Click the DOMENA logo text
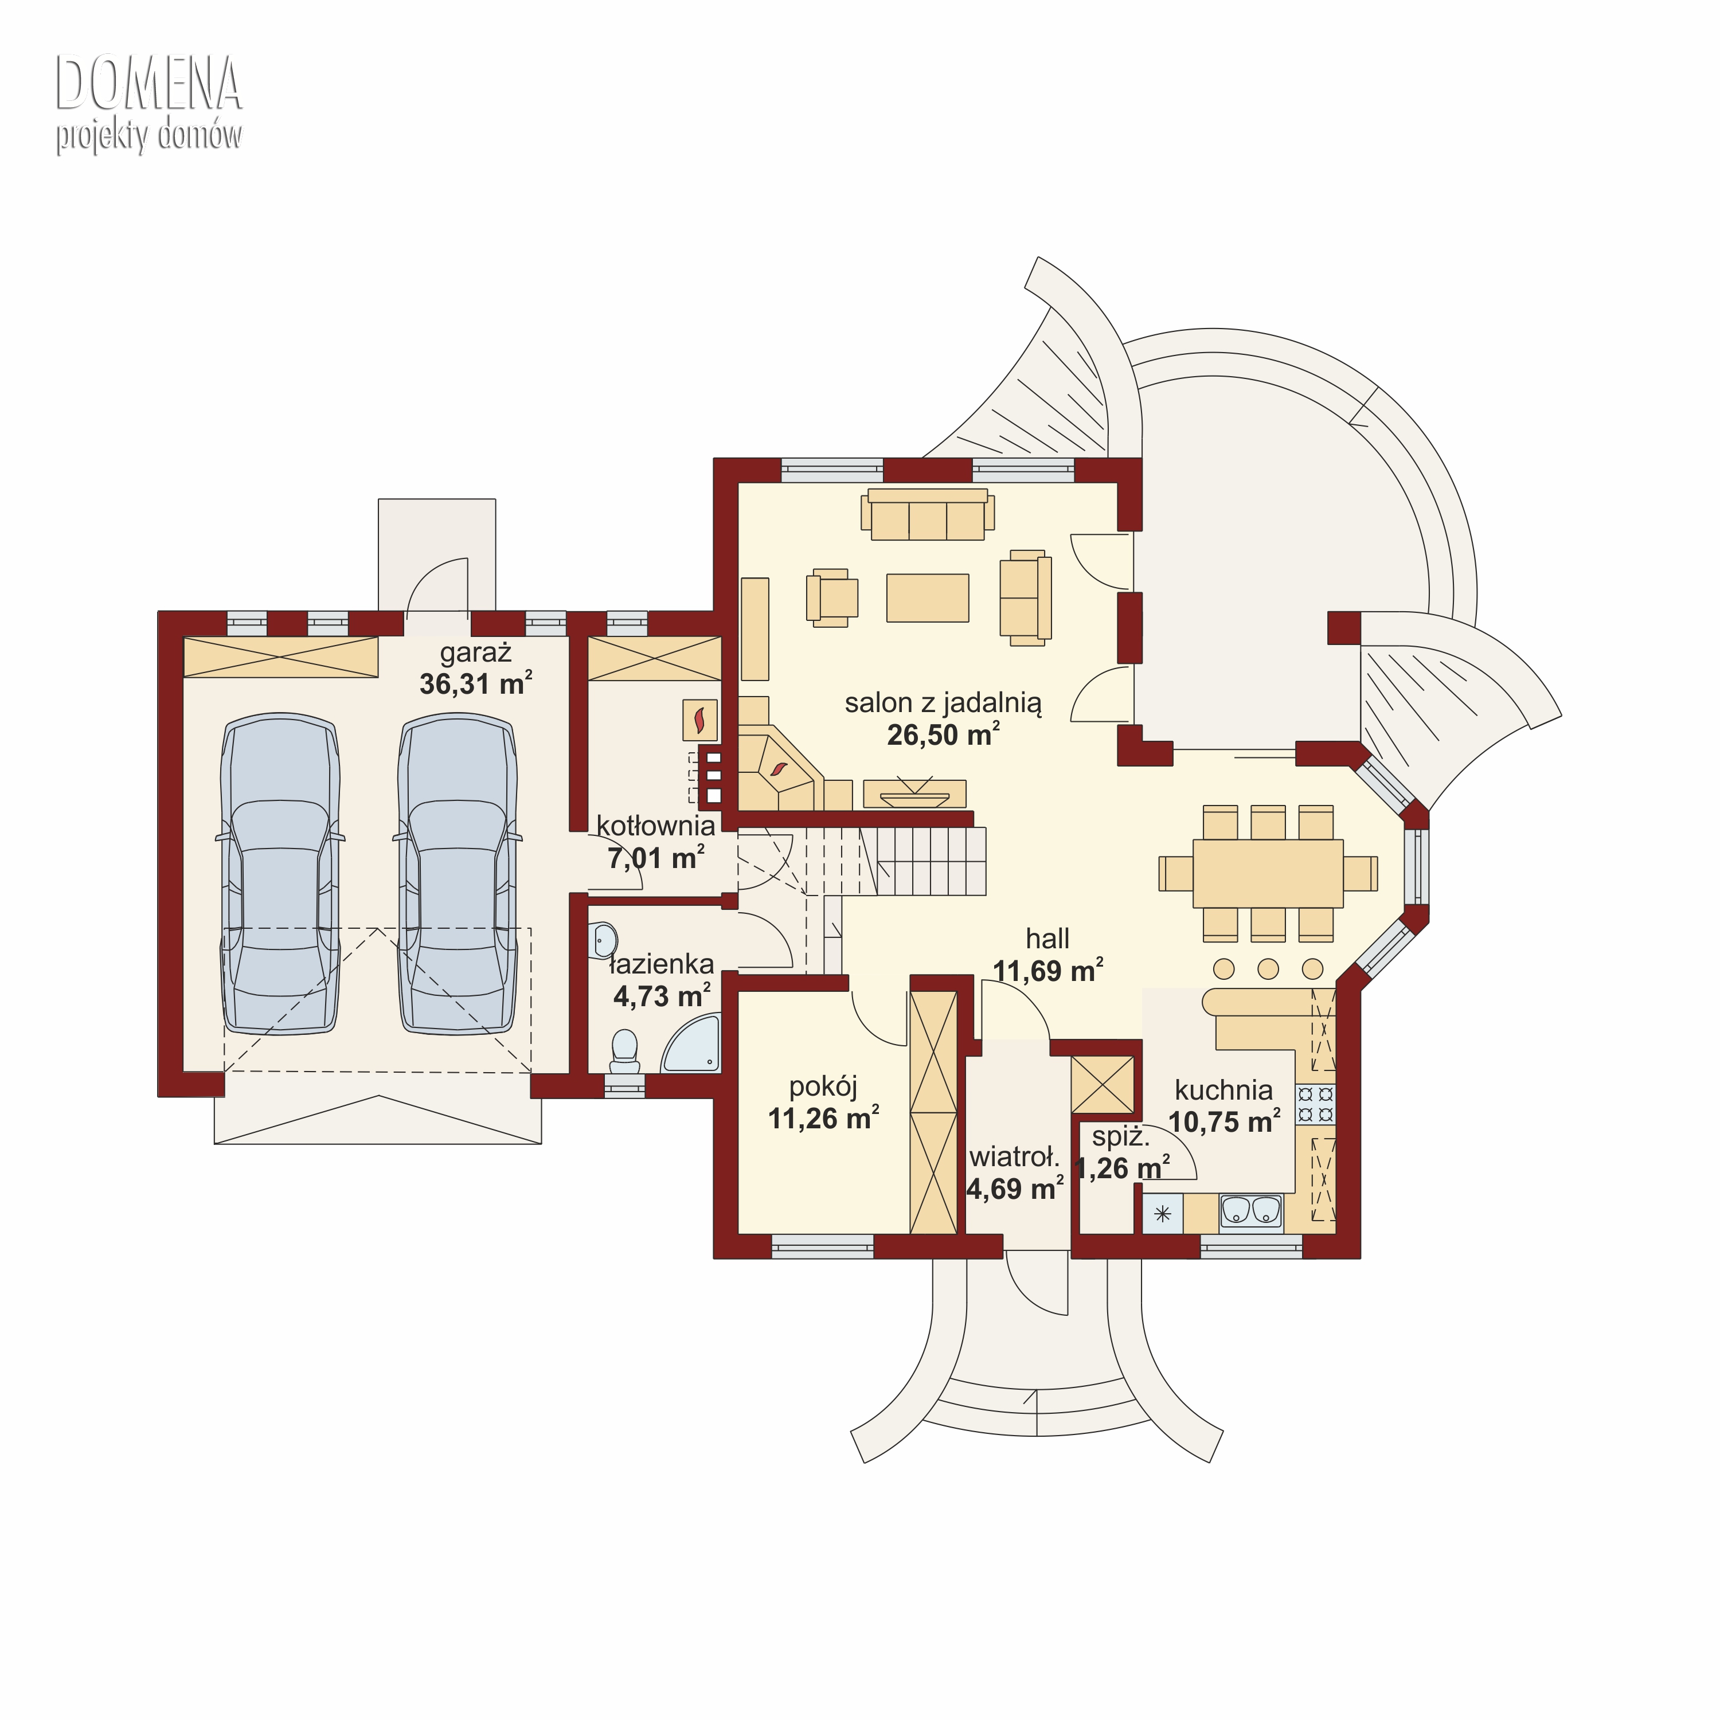point(148,84)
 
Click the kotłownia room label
point(656,825)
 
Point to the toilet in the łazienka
point(624,1050)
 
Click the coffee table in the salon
point(928,597)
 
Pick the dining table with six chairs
point(1268,873)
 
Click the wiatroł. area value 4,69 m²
point(1015,1190)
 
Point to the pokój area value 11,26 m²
point(823,1118)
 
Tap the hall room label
point(1048,939)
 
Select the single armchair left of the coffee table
point(831,597)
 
